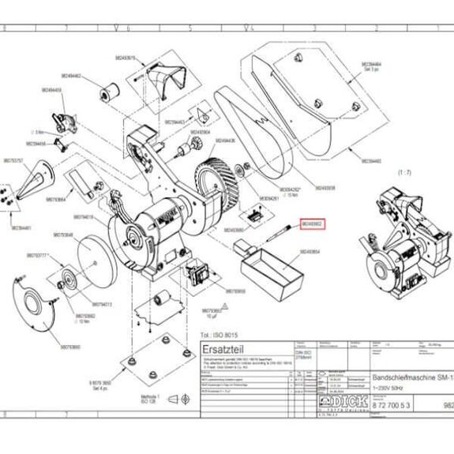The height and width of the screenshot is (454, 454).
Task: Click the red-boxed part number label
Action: pos(311,223)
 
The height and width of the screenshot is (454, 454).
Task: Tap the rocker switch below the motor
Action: pos(197,274)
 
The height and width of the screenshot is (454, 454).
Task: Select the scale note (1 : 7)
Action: pos(382,171)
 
